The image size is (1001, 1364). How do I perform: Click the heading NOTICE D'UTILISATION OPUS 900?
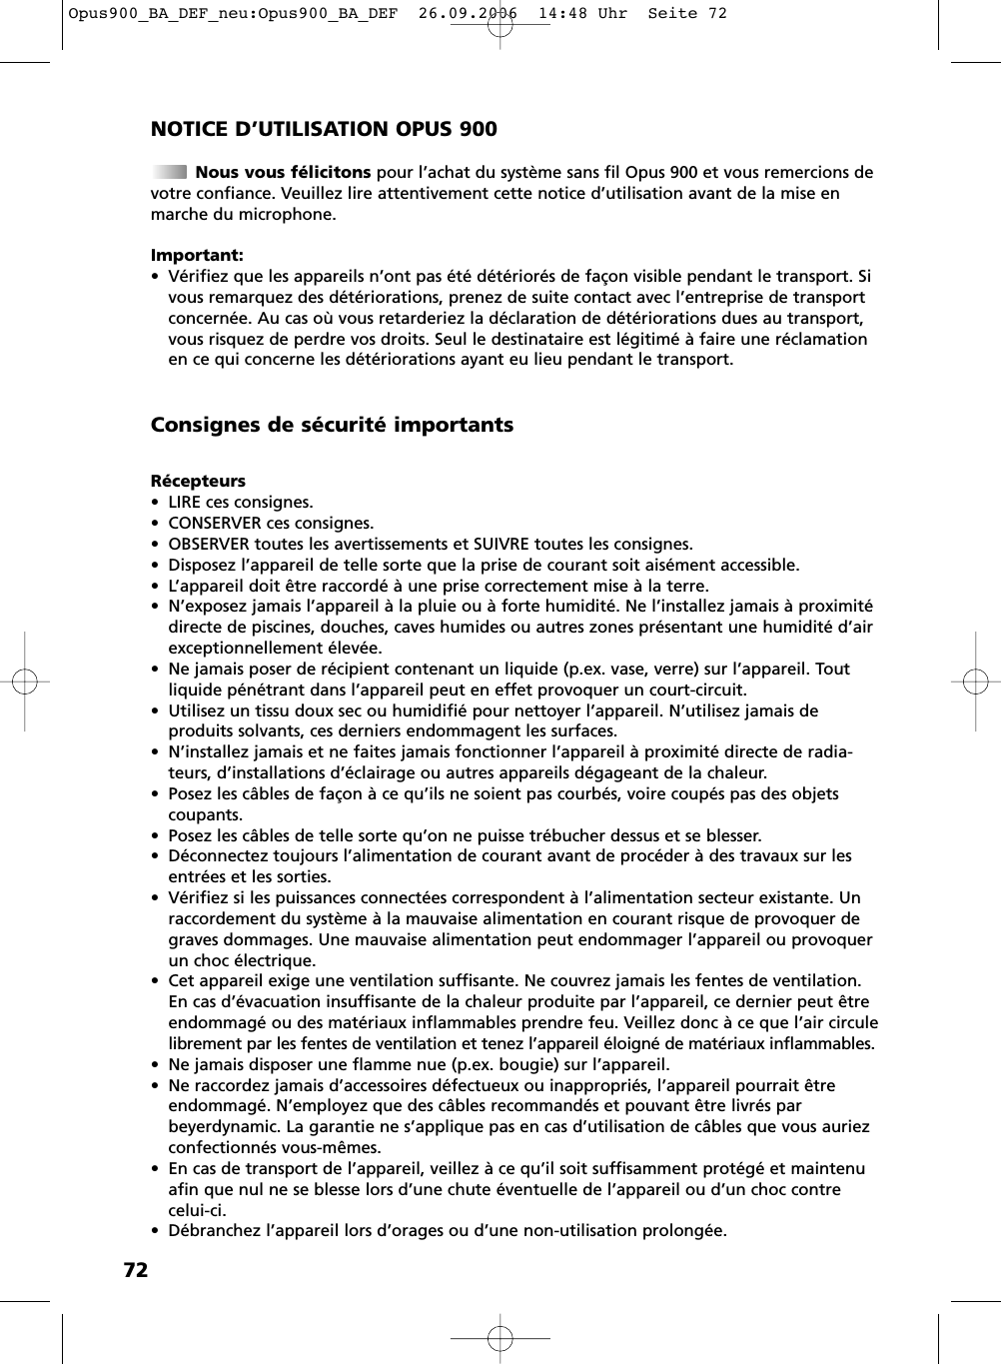tap(323, 129)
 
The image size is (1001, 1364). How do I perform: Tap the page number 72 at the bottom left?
tap(135, 1270)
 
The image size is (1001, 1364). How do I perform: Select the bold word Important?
tap(197, 255)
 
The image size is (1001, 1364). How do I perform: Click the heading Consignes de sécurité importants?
tap(332, 425)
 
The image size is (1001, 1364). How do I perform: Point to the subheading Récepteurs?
tap(198, 481)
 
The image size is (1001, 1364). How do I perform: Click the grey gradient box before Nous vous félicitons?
tap(169, 172)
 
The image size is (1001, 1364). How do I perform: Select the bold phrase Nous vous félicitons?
tap(283, 172)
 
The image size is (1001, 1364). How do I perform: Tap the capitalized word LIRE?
tap(185, 502)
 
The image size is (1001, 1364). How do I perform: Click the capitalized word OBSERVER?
tap(209, 544)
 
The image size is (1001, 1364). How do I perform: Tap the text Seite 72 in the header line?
tap(687, 13)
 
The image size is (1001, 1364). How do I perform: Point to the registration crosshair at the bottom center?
tap(500, 1337)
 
